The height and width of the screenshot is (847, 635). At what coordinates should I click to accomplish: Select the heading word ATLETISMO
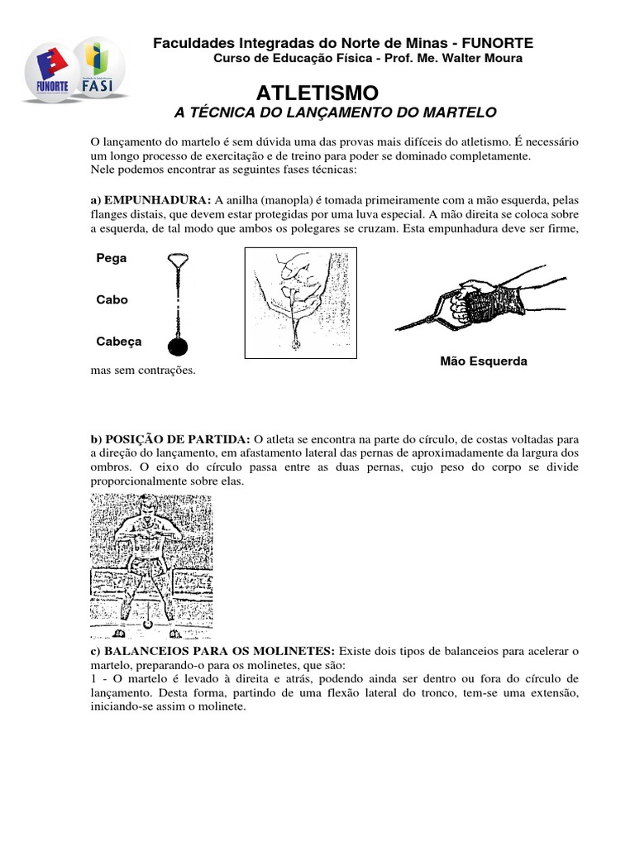tap(317, 92)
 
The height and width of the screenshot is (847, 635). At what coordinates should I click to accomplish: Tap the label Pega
tap(112, 258)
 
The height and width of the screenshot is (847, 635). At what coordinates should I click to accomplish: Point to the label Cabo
tap(112, 299)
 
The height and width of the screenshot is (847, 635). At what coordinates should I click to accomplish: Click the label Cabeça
tap(119, 341)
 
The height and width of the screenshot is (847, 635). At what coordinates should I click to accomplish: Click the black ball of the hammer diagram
tap(178, 346)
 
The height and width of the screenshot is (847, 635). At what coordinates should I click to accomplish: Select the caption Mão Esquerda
tap(484, 361)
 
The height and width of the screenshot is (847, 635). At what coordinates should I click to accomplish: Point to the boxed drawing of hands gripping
tap(300, 303)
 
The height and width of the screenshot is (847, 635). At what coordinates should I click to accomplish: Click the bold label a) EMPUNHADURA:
tap(150, 199)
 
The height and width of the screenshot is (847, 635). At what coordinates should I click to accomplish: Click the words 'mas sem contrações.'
tap(143, 371)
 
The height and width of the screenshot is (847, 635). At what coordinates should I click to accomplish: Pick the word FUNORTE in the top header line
tap(497, 43)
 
